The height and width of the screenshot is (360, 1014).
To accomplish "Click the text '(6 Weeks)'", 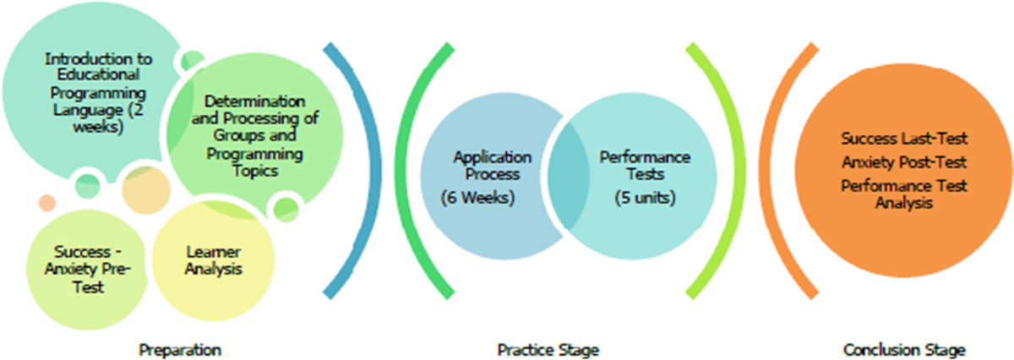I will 477,199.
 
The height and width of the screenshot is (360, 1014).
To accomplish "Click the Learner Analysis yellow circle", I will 214,261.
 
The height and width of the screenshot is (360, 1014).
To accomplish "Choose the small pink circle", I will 47,203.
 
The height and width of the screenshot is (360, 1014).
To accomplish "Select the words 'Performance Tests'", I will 646,165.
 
